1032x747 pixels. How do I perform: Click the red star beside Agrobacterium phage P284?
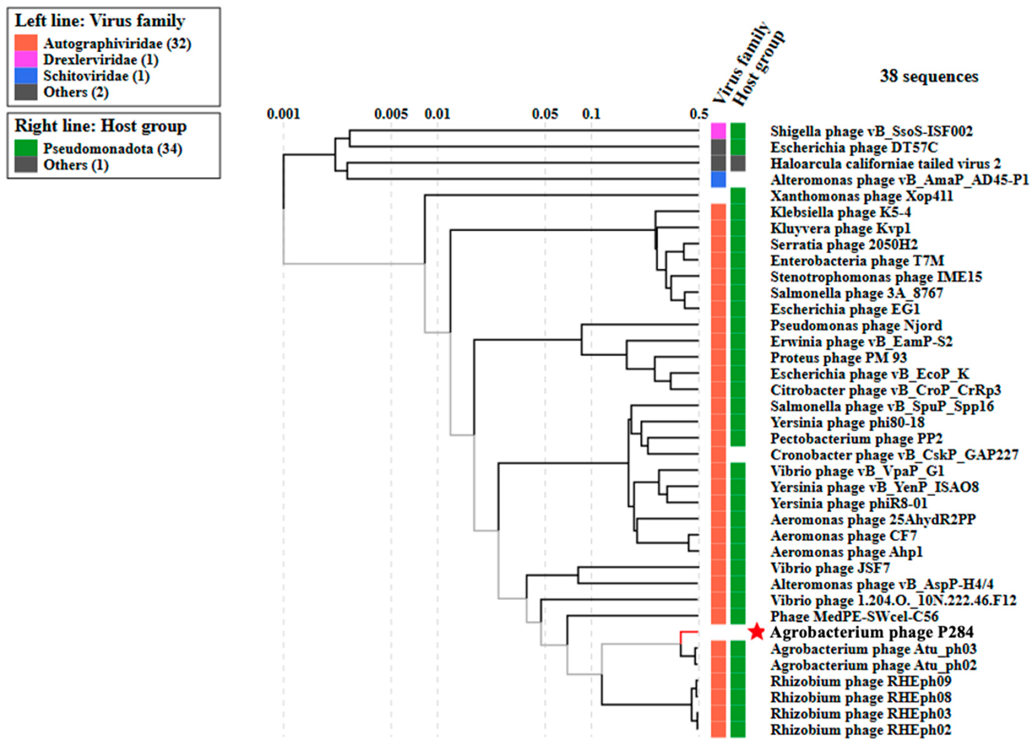(756, 632)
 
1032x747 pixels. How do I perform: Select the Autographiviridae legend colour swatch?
(26, 43)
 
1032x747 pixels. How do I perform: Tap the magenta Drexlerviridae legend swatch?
(26, 59)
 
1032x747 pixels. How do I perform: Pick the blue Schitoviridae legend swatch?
(26, 75)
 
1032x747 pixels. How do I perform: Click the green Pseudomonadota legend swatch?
(26, 148)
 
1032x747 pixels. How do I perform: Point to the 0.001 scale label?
(283, 114)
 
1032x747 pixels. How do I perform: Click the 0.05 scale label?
(545, 114)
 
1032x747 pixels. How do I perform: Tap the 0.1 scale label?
(591, 114)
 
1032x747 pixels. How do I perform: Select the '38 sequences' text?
(929, 76)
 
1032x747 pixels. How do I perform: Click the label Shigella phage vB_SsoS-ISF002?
(871, 131)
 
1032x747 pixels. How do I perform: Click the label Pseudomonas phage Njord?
(856, 326)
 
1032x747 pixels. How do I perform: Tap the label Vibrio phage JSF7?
(830, 568)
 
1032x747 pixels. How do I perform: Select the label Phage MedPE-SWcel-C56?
(854, 617)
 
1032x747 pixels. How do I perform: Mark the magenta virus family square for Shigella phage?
(719, 131)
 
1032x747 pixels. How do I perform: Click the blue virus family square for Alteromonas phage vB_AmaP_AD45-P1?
(719, 180)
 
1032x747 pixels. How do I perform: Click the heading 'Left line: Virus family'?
(100, 21)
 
